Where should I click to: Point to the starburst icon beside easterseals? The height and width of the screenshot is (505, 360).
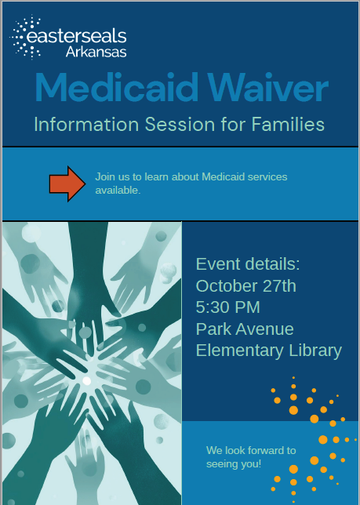click(25, 38)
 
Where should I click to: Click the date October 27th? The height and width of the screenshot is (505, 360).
click(246, 285)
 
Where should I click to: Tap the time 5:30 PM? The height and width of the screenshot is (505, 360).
click(227, 307)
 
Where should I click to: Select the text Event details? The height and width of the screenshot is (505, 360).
click(248, 263)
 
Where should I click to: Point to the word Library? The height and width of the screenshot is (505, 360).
click(315, 350)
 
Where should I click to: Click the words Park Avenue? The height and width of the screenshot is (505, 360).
click(245, 329)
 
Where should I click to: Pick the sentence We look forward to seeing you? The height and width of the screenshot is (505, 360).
click(251, 456)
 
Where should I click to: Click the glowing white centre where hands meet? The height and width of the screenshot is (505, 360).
click(87, 380)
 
